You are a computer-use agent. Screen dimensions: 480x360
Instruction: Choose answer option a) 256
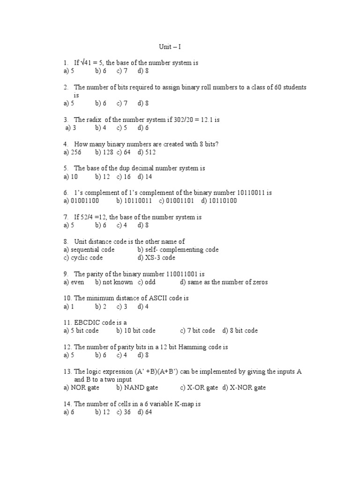point(73,152)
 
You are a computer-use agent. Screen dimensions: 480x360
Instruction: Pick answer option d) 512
point(147,152)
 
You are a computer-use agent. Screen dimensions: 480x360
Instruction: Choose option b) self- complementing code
point(178,250)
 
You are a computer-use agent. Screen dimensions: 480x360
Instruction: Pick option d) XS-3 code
point(157,258)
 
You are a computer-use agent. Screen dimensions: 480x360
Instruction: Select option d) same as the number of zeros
point(224,282)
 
